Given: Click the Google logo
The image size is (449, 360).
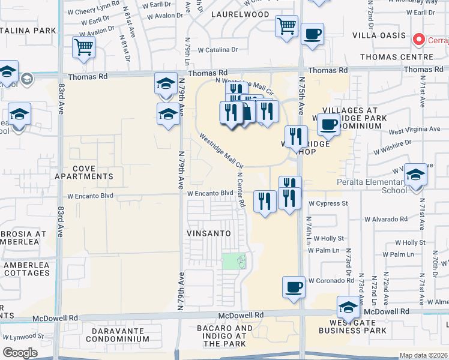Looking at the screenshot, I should point(20,353).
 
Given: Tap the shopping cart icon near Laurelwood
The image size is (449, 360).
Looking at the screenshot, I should point(287,26).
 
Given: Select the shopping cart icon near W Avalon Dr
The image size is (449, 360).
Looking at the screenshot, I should point(83,47).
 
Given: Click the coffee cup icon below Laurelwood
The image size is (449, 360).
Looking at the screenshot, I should point(312,34).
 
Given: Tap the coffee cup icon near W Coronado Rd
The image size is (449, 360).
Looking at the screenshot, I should point(294,287).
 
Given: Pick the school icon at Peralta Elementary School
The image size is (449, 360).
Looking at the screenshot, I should point(415,175).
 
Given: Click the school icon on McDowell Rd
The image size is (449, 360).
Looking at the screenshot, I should point(348,308).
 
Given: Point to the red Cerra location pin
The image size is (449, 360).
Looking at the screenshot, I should point(418,40).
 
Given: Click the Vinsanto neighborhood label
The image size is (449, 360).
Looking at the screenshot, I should point(208,232).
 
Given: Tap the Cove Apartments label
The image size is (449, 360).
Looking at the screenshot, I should point(92,173).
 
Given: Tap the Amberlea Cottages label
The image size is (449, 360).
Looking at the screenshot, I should point(27,269).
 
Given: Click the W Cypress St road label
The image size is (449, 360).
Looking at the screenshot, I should point(328,203).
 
